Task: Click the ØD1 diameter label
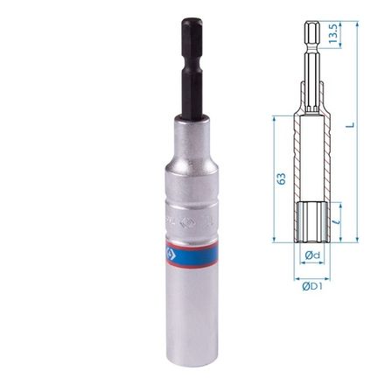click(x=311, y=285)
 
